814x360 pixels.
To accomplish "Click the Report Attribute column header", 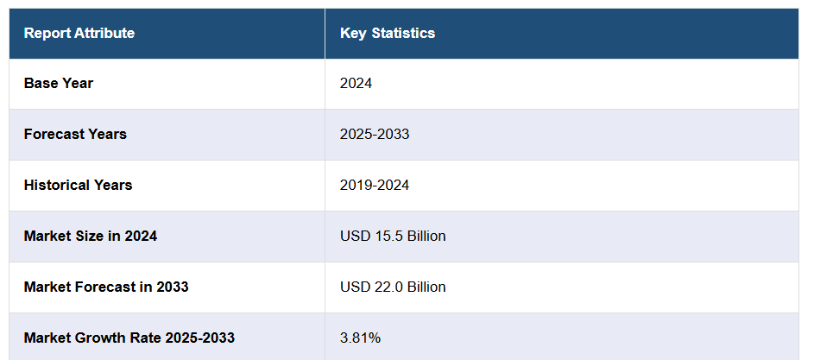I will (79, 34).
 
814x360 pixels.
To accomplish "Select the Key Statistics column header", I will (388, 34).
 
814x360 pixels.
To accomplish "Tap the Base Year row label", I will (59, 84).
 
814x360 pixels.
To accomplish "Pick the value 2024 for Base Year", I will (356, 84).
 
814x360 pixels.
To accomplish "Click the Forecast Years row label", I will (75, 135).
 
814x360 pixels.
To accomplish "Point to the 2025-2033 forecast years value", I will (375, 135).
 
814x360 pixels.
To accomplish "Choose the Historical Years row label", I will (79, 186).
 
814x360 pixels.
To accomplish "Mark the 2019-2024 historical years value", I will (375, 186).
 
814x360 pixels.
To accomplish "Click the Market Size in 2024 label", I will (91, 236).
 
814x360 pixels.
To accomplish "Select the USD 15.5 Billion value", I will (393, 236).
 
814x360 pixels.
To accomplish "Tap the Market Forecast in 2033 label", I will (106, 287).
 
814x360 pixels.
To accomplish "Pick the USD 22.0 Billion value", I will (393, 287).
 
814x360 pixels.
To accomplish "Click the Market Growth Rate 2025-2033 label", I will (129, 338).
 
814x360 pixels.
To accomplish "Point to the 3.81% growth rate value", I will (359, 338).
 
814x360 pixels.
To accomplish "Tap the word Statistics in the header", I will (403, 34).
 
